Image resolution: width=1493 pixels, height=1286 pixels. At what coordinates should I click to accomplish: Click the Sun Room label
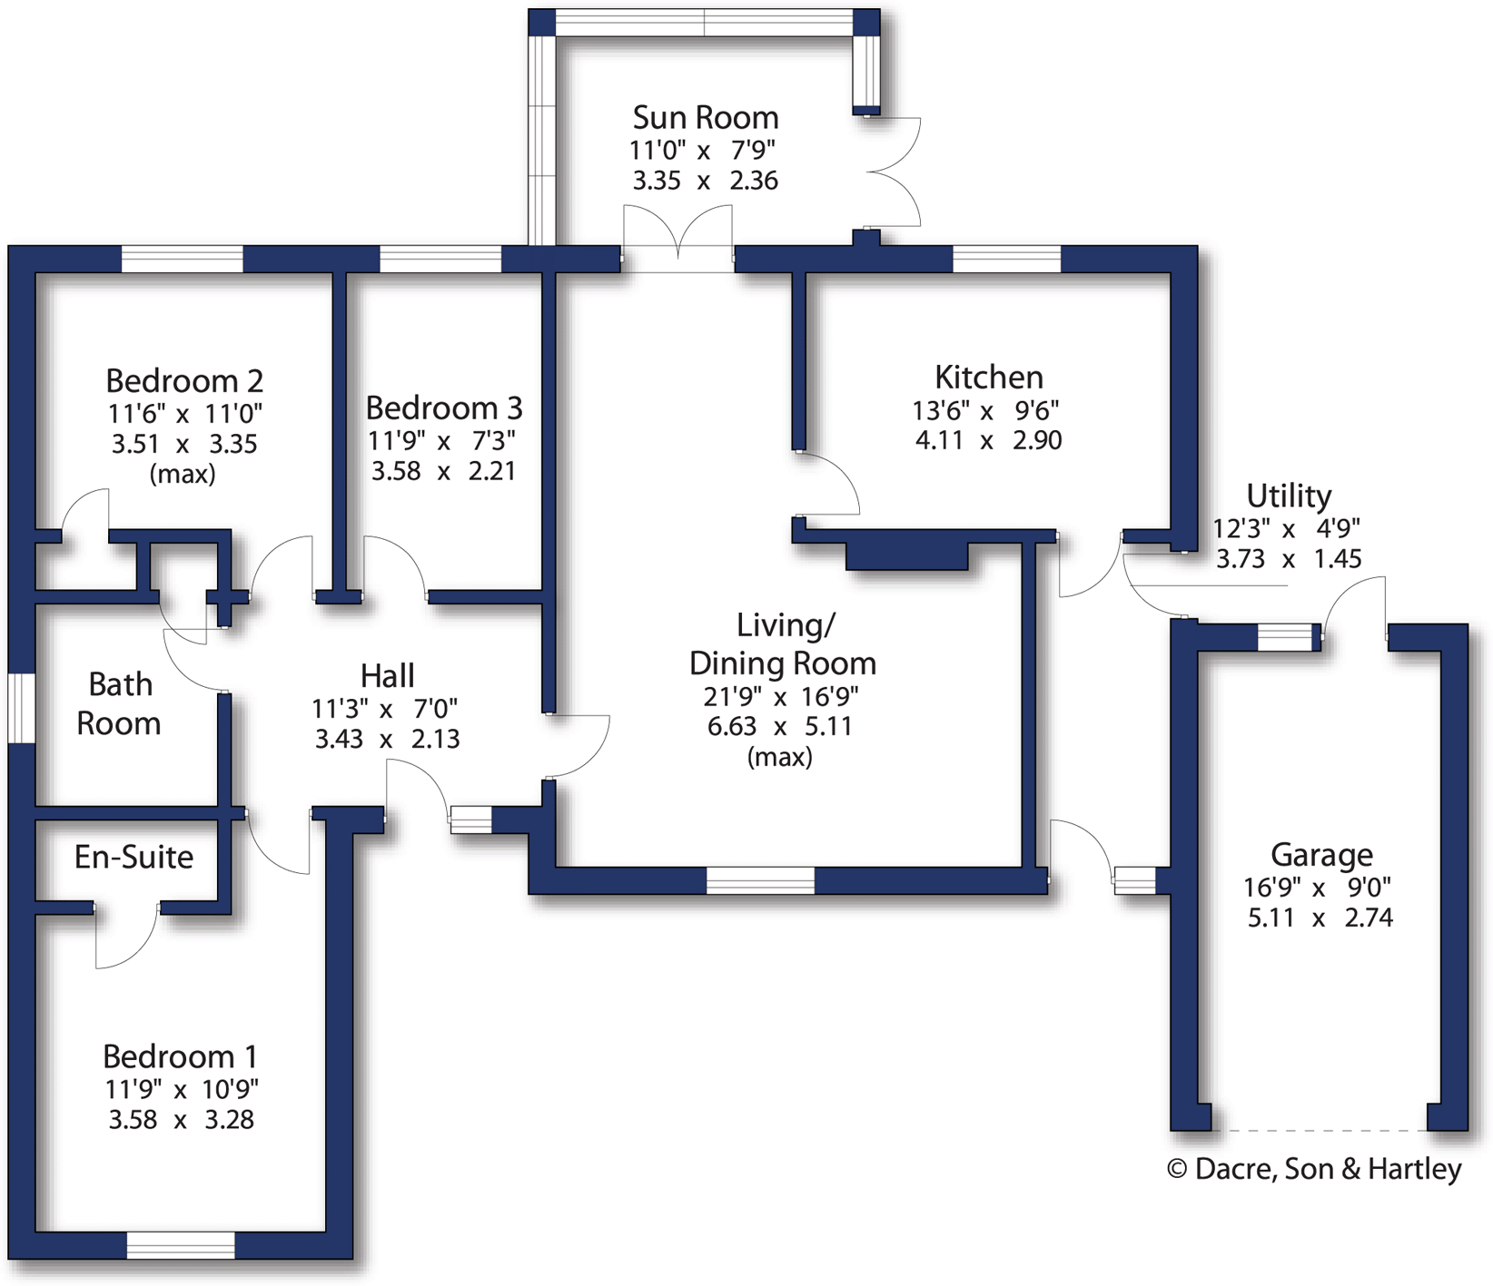(x=706, y=118)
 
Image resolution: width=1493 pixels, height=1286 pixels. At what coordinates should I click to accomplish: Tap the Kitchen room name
(x=988, y=377)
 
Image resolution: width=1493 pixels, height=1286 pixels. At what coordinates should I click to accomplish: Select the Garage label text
(x=1321, y=855)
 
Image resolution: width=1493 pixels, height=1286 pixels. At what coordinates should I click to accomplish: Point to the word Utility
(x=1289, y=496)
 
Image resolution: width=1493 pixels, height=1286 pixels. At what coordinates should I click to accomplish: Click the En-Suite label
(x=133, y=857)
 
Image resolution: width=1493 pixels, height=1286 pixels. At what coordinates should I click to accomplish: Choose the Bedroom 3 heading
(x=444, y=408)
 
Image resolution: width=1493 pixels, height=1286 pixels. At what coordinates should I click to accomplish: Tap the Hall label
(x=387, y=676)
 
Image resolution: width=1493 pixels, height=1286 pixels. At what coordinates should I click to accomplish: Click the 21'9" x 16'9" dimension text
(x=781, y=697)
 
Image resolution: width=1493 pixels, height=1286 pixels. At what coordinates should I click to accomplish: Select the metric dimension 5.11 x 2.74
(x=1320, y=918)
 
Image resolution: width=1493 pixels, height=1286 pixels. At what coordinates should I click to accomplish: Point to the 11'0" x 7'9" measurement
(x=703, y=150)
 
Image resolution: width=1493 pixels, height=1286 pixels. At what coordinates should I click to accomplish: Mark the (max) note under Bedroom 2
(x=183, y=474)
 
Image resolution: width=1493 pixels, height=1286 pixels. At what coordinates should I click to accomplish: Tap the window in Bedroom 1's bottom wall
(x=181, y=1245)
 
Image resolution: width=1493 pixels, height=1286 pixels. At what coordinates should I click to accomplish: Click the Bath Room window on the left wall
(x=21, y=708)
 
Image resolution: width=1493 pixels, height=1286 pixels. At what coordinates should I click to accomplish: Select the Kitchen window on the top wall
(x=1006, y=259)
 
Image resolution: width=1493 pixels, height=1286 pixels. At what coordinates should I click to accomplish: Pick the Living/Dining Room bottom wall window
(x=760, y=880)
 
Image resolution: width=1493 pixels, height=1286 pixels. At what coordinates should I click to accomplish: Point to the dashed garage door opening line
(x=1319, y=1131)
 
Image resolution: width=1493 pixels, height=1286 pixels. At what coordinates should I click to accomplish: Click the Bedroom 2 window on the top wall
(x=182, y=259)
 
